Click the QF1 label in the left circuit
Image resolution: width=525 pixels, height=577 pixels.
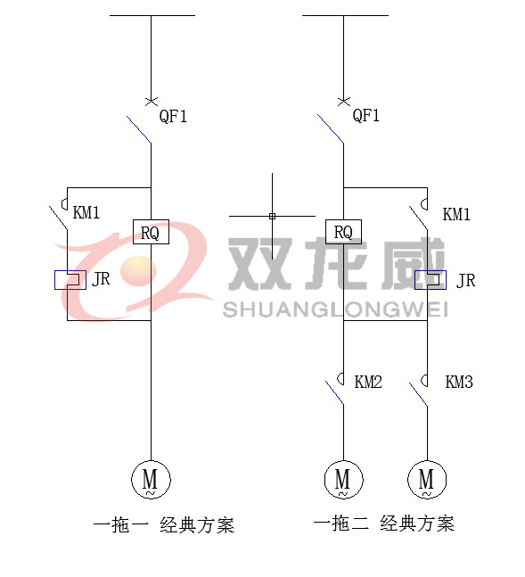click(x=173, y=116)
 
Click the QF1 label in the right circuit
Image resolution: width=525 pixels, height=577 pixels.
click(x=366, y=116)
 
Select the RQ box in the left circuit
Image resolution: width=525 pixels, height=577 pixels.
click(x=151, y=232)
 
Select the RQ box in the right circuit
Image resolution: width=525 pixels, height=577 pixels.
click(x=344, y=232)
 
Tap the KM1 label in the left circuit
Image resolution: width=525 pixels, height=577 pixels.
click(x=86, y=212)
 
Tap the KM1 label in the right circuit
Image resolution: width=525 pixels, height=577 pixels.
click(x=456, y=214)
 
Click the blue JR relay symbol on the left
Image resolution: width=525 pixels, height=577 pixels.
click(x=70, y=280)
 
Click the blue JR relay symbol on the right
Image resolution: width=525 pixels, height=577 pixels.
click(x=431, y=280)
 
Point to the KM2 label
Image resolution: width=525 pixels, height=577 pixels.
click(x=368, y=382)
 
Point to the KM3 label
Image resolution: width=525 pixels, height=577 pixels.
click(x=459, y=382)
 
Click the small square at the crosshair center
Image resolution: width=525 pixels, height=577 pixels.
click(x=272, y=216)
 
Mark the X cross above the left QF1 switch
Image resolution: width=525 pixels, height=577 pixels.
click(x=152, y=101)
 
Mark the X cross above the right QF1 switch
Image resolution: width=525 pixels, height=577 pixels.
click(x=344, y=101)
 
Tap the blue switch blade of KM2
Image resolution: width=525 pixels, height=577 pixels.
click(x=334, y=393)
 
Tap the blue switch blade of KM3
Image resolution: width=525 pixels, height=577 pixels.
click(x=418, y=394)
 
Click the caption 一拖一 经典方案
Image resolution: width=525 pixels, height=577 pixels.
click(x=164, y=525)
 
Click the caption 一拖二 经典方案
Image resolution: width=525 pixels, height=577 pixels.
click(x=384, y=523)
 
